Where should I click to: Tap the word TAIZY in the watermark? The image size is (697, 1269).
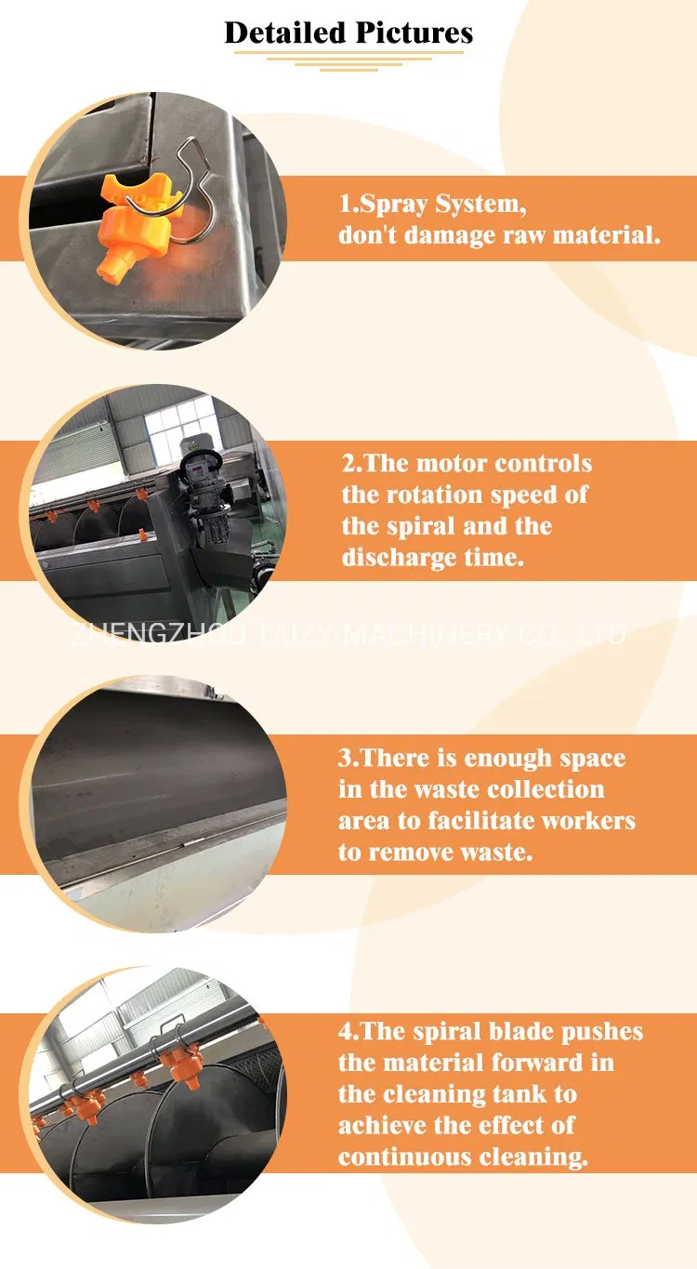click(x=295, y=634)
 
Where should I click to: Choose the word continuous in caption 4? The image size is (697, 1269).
click(x=404, y=1157)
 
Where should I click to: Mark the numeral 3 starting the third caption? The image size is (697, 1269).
click(x=345, y=758)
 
